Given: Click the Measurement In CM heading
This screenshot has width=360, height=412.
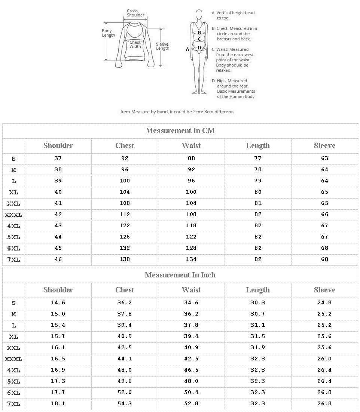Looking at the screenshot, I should pyautogui.click(x=180, y=131).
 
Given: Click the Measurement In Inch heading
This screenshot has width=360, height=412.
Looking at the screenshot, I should pyautogui.click(x=180, y=275).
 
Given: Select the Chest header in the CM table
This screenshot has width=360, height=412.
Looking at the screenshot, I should pyautogui.click(x=125, y=146).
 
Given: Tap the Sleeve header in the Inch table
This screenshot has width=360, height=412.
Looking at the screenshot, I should pyautogui.click(x=324, y=290).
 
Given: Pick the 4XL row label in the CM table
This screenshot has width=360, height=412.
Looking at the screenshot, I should pyautogui.click(x=13, y=226).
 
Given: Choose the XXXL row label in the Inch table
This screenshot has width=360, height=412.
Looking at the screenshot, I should pyautogui.click(x=13, y=359).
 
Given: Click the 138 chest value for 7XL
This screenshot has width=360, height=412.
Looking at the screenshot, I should pyautogui.click(x=125, y=259).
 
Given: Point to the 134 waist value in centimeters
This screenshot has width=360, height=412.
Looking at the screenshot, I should pyautogui.click(x=191, y=259).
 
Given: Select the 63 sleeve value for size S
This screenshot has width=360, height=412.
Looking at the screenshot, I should pyautogui.click(x=324, y=158).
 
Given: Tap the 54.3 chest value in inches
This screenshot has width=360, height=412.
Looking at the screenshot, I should pyautogui.click(x=125, y=404).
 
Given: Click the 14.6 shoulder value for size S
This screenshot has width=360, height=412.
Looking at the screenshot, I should pyautogui.click(x=58, y=303).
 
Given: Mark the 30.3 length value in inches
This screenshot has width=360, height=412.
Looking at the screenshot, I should pyautogui.click(x=258, y=303).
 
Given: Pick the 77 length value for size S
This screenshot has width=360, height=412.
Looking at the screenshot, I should pyautogui.click(x=258, y=158).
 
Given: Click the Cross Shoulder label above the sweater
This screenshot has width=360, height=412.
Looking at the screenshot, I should pyautogui.click(x=135, y=13).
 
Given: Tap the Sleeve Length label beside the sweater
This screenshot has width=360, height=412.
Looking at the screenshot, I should pyautogui.click(x=163, y=46).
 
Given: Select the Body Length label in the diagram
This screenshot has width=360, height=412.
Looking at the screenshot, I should pyautogui.click(x=108, y=33).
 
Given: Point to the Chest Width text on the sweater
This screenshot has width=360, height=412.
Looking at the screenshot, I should pyautogui.click(x=135, y=44).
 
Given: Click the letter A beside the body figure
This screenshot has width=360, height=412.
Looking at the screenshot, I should pyautogui.click(x=187, y=49).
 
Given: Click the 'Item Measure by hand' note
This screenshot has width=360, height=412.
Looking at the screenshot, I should pyautogui.click(x=177, y=112).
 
